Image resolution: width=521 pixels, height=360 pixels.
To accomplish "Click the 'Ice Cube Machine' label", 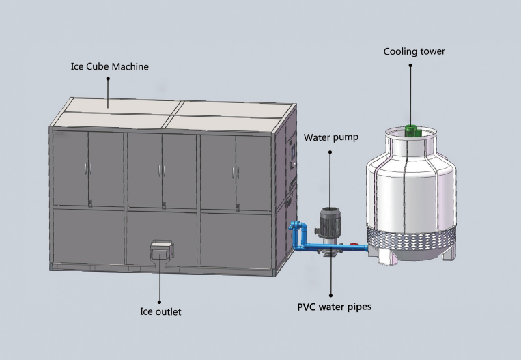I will point(110,67).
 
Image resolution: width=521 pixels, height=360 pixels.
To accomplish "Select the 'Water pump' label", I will point(331,137).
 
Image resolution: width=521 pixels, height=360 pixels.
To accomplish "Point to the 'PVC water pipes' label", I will point(334,307).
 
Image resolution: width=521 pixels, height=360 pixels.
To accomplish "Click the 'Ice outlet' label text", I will point(160,312).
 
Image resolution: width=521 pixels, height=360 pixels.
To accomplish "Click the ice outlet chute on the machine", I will point(161,251).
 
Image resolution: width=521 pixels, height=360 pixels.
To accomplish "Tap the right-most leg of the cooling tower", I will point(448,253).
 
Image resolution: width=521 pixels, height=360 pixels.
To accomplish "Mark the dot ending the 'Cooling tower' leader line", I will point(411,66).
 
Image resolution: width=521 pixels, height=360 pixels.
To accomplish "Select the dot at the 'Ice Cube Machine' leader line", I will point(107,79).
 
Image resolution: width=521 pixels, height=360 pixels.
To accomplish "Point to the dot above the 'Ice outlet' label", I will point(160,300).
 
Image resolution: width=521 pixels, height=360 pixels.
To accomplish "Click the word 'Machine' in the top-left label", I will point(130,67).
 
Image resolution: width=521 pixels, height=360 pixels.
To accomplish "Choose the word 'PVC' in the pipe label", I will point(306,307).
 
